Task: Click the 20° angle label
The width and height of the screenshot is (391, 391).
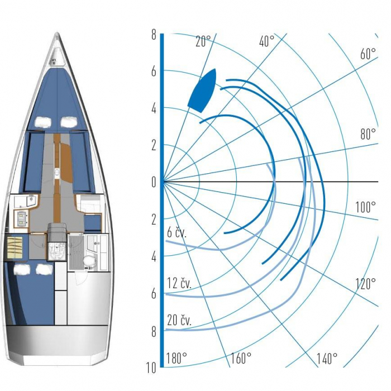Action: click(203, 41)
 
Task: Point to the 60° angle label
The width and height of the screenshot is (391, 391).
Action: click(368, 54)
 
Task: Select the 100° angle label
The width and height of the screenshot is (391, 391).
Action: click(365, 207)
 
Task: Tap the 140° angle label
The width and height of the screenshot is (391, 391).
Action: click(327, 359)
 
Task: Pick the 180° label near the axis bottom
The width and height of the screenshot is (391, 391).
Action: click(177, 359)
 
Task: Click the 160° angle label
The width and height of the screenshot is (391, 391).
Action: click(241, 359)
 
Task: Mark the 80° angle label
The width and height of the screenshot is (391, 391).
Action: click(368, 134)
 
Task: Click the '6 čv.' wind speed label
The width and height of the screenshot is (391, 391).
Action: click(177, 233)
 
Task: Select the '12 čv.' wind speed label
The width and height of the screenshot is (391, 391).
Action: click(179, 283)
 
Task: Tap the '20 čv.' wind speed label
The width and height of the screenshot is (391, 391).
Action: click(179, 320)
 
